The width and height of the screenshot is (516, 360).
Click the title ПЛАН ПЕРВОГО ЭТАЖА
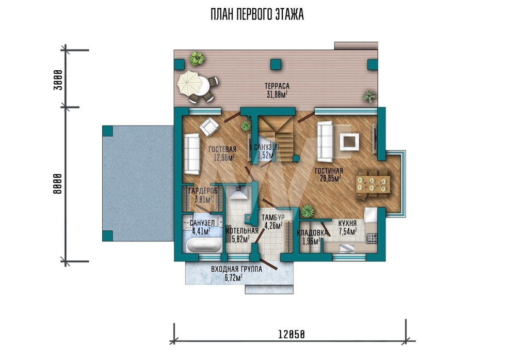coord(257,14)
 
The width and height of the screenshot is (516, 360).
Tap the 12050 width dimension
coord(292,335)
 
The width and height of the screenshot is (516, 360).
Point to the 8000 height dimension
coord(57,184)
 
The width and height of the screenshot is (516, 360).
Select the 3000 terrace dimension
coord(58,80)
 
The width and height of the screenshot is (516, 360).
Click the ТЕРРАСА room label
coord(277,86)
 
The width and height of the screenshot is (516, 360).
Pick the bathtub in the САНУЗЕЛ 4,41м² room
coord(204,245)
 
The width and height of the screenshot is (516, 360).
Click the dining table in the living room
coord(373,184)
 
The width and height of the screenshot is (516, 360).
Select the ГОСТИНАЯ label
coord(329,170)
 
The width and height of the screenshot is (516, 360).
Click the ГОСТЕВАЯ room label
coord(222,150)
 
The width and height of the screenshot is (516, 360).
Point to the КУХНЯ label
coord(347,223)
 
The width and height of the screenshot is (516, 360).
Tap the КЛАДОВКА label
coord(312,233)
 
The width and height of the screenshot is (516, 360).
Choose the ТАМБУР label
coord(273,217)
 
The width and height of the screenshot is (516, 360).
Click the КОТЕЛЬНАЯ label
coord(242,231)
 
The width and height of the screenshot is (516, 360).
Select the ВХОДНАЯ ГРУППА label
coord(237,269)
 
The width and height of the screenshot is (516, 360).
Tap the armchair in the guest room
coord(209,127)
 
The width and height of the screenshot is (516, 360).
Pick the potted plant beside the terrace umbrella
coord(197,59)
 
